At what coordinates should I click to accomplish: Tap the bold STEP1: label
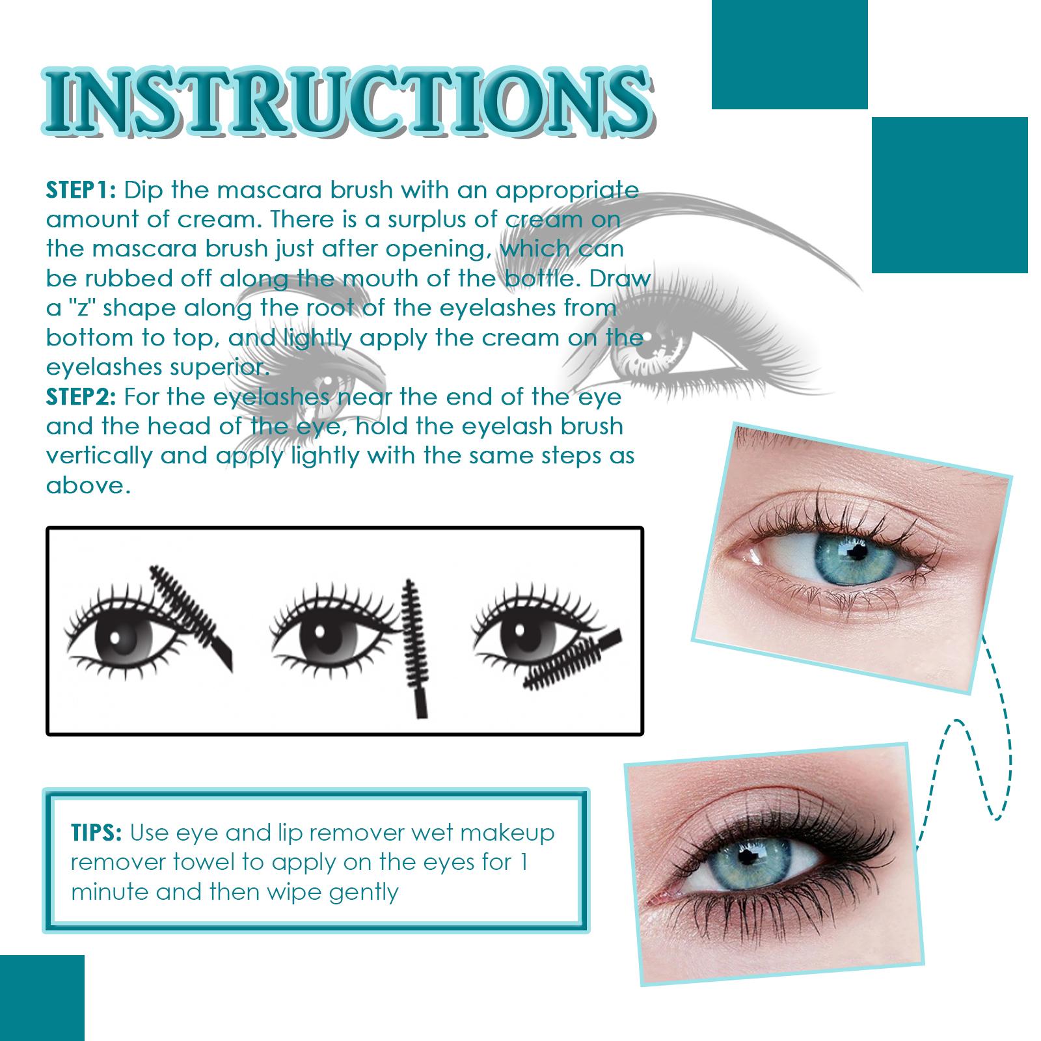(81, 190)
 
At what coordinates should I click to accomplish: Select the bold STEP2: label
(81, 396)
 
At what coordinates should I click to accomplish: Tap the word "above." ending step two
(88, 485)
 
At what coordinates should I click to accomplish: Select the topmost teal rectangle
(789, 54)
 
